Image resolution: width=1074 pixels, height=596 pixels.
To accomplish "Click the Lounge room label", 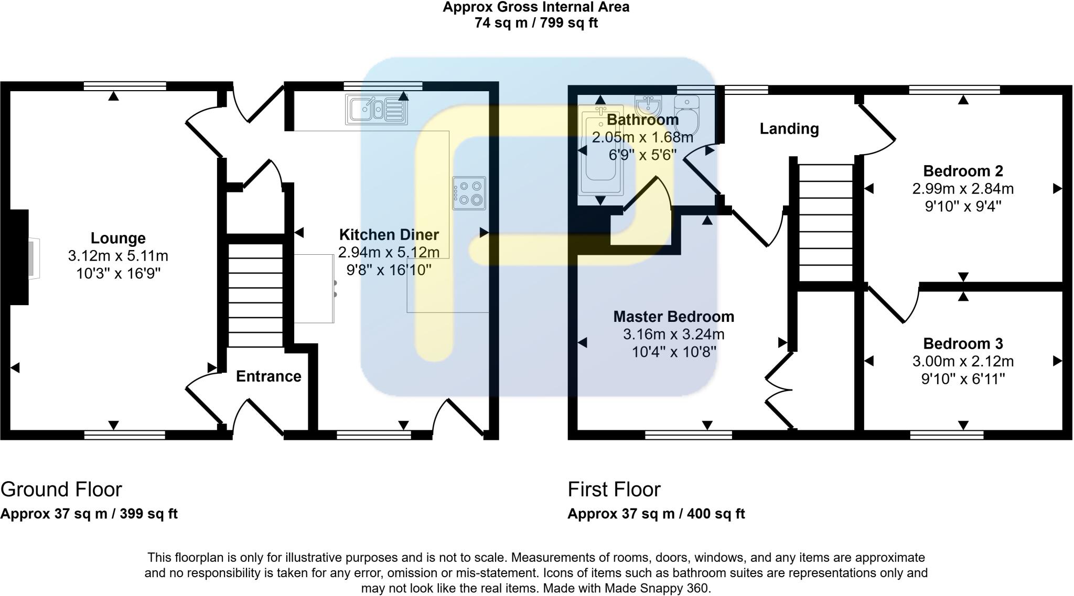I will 118,238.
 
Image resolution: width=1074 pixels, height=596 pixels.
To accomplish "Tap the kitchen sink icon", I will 376,110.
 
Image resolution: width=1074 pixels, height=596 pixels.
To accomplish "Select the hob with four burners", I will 469,192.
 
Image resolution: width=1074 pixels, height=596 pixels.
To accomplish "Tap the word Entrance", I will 268,376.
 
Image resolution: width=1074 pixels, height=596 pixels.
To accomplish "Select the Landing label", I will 789,129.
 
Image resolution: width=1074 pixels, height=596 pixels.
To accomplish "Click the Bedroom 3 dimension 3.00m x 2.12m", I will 963,361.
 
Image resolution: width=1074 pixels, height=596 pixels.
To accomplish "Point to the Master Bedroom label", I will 673,317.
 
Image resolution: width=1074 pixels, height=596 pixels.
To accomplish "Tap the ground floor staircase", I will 256,294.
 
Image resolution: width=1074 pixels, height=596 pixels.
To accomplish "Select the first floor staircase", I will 825,223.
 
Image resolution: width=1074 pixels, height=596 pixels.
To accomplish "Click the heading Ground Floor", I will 61,489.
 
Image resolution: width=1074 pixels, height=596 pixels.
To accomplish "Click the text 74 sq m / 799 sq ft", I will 536,23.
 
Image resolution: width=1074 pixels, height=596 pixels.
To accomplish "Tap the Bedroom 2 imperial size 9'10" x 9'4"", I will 963,206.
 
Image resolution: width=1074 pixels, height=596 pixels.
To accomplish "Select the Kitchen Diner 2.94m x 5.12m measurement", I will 389,252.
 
